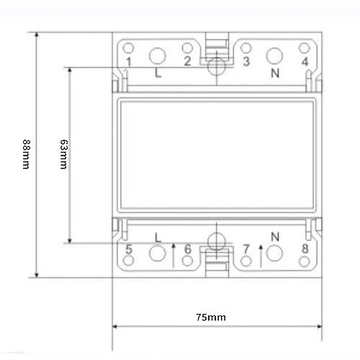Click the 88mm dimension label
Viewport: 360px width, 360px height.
26,154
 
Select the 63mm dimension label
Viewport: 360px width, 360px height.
63,154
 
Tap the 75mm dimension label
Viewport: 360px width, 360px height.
212,317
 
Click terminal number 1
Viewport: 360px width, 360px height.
128,62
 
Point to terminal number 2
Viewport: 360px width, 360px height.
187,61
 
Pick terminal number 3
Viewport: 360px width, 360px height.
246,61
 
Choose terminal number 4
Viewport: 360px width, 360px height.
305,62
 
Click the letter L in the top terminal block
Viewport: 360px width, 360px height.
158,73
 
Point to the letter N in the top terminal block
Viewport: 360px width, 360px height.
274,73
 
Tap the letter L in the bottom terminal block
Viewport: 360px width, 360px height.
158,236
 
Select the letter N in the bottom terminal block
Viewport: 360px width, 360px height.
274,236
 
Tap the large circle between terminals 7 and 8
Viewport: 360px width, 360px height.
274,253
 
